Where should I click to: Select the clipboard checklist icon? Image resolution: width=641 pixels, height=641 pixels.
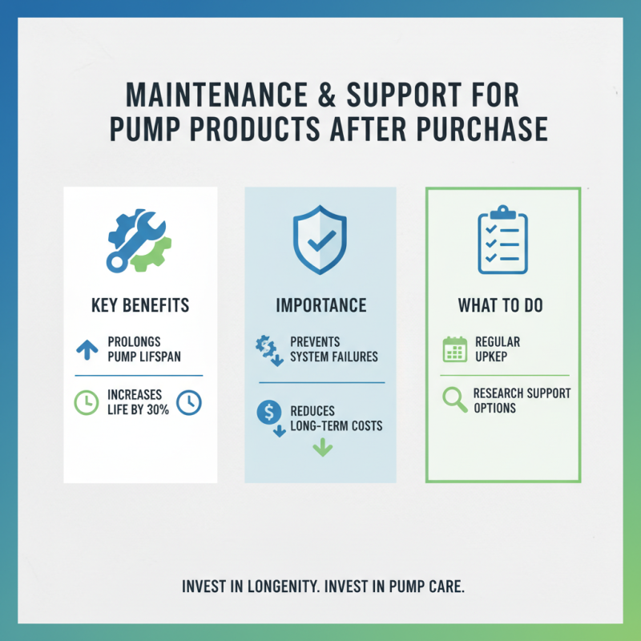502,239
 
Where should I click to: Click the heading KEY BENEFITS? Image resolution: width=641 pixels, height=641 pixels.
139,305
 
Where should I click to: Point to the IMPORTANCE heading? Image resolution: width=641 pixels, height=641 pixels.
320,305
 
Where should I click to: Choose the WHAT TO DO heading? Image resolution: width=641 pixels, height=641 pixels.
502,305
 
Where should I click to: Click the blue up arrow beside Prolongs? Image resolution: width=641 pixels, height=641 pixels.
86,349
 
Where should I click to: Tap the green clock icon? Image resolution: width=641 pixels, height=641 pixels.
86,402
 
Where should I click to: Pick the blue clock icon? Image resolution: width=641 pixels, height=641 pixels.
188,402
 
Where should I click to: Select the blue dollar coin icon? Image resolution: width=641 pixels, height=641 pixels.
268,413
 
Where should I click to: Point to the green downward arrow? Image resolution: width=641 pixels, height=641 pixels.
321,446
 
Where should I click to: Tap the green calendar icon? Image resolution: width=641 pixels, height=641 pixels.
454,349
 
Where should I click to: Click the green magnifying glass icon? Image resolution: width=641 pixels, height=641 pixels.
454,400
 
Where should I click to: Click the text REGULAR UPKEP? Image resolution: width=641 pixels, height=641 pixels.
497,349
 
